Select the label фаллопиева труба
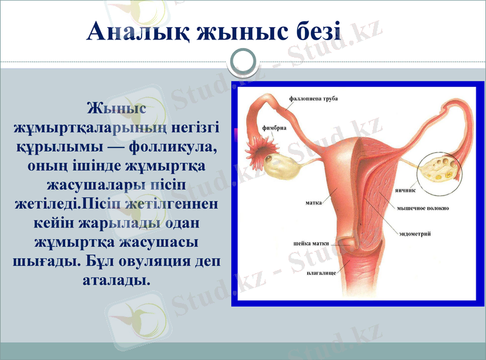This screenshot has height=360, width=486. (313, 98)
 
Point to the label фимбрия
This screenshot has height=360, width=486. (274, 128)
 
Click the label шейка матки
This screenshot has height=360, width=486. (310, 243)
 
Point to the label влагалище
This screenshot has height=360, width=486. (321, 273)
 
